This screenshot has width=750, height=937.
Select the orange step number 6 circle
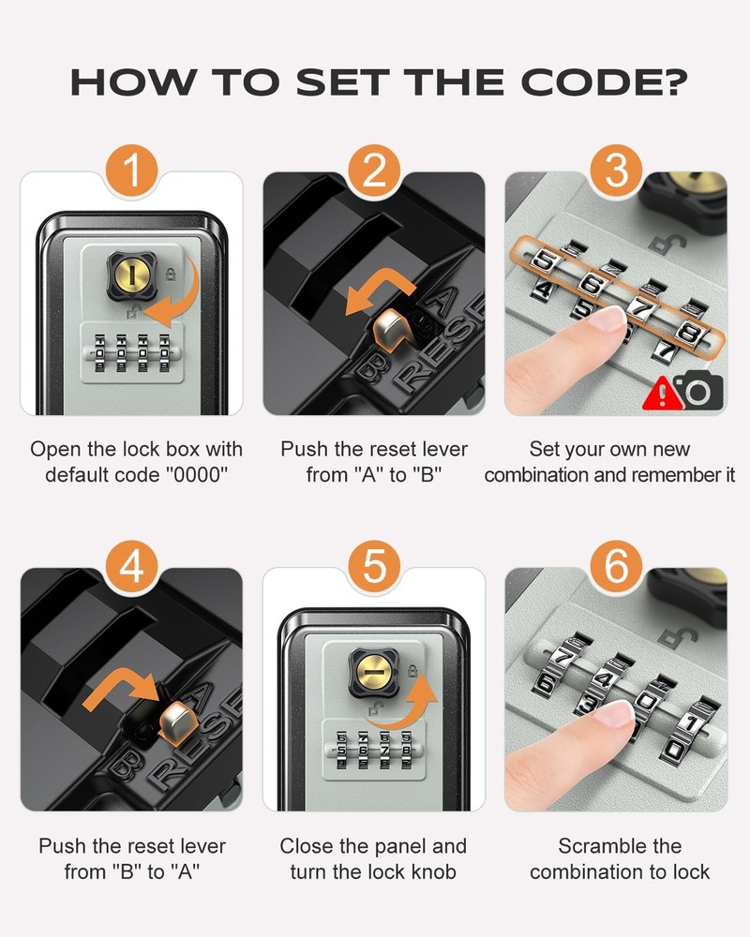point(617,569)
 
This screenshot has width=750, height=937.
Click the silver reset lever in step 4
point(175,721)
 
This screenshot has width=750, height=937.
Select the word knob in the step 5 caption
point(433,871)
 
